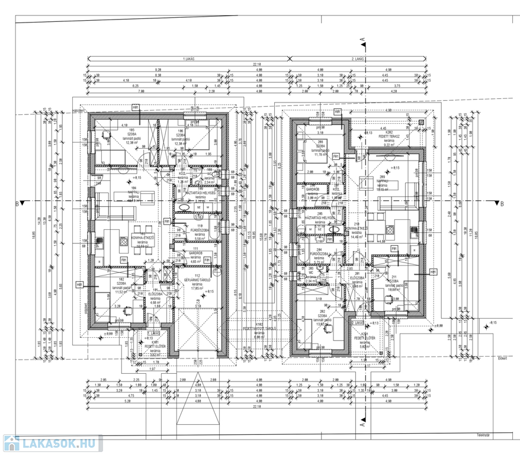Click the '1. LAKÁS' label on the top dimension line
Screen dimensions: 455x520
pyautogui.click(x=190, y=60)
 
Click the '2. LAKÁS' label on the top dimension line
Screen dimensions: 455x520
pyautogui.click(x=358, y=60)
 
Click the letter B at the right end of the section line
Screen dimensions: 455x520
pyautogui.click(x=501, y=204)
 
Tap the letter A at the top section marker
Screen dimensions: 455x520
pyautogui.click(x=362, y=39)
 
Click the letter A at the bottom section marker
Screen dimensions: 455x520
pyautogui.click(x=362, y=425)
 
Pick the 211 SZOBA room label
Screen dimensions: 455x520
pyautogui.click(x=391, y=281)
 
